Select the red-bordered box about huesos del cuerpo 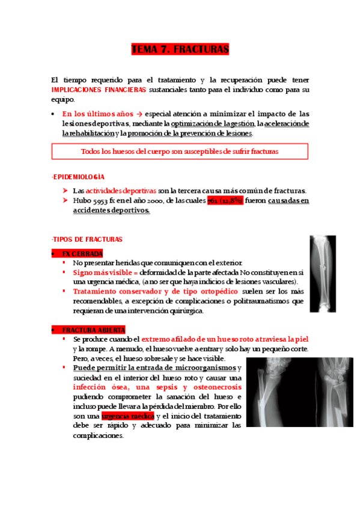pos(180,152)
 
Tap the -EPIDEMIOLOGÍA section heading pos(78,177)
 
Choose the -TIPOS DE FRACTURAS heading pos(87,239)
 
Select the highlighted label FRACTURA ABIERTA pos(93,330)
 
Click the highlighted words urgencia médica pos(127,416)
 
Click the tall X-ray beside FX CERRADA pos(322,274)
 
